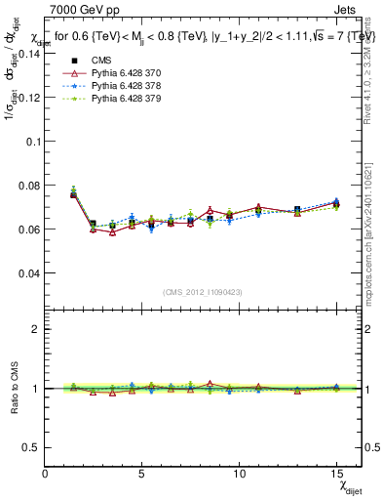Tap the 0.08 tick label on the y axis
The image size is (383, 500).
[27, 186]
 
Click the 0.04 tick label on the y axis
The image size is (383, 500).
[27, 273]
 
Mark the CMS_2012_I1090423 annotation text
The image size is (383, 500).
[203, 292]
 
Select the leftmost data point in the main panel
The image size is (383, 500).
[74, 194]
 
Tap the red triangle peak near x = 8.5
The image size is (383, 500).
[210, 210]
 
